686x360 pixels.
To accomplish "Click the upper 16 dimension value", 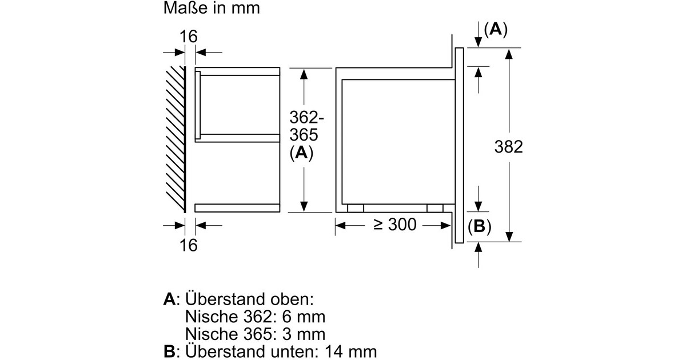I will [188, 37].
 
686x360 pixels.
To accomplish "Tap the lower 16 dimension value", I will [188, 245].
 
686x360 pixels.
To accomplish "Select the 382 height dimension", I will [508, 147].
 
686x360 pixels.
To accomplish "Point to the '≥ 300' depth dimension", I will [395, 225].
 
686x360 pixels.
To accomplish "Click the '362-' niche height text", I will [307, 118].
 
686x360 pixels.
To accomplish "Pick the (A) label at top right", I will [495, 30].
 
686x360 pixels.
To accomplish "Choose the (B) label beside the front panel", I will [479, 227].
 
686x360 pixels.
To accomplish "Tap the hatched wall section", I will [174, 137].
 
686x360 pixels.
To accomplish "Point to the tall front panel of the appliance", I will [458, 147].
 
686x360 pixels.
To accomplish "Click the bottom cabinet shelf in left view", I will [237, 208].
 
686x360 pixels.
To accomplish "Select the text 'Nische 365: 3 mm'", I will [255, 334].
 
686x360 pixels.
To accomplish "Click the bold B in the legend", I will [169, 351].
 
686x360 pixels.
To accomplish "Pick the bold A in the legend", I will [169, 299].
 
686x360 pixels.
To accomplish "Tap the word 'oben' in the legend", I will [293, 299].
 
